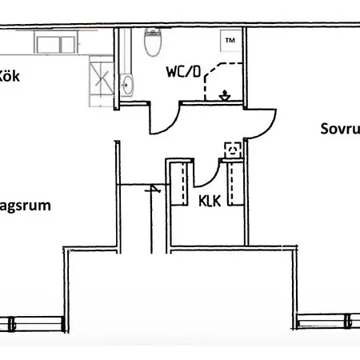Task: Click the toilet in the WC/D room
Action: tap(150, 43)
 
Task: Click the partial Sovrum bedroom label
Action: tap(339, 127)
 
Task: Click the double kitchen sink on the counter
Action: tap(54, 43)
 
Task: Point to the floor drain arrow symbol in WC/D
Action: tap(226, 94)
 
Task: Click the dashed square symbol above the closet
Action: tap(231, 149)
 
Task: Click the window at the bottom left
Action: tap(32, 323)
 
